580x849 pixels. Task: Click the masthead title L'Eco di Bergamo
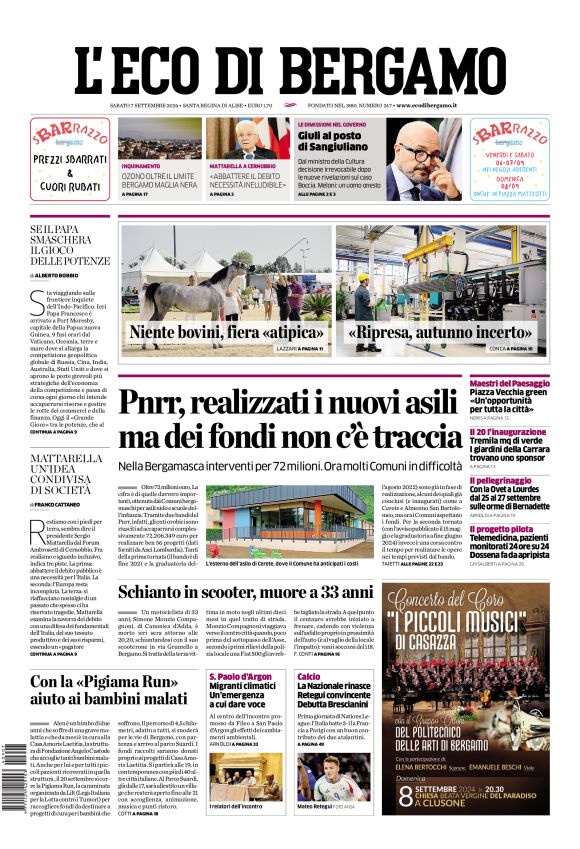pyautogui.click(x=290, y=63)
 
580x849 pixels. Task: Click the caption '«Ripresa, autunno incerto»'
pyautogui.click(x=439, y=333)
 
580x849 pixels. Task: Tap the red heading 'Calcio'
pyautogui.click(x=309, y=677)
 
